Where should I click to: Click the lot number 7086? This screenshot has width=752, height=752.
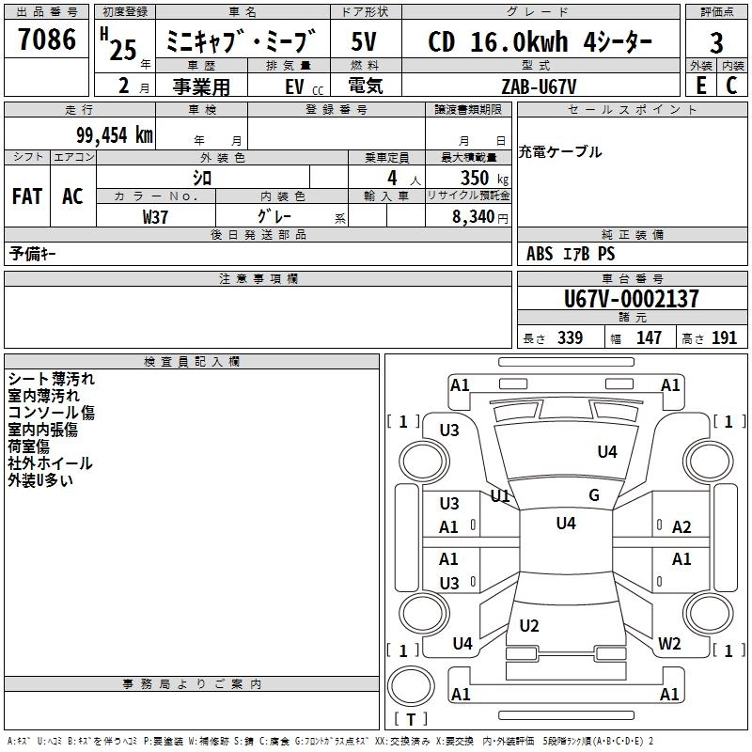click(x=47, y=39)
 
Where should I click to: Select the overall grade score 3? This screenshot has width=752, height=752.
click(x=716, y=42)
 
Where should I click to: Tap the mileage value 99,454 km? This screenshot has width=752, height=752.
click(x=115, y=135)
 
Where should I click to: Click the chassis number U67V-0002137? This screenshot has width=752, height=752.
click(x=631, y=299)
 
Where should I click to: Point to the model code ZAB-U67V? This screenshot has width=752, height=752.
click(x=539, y=86)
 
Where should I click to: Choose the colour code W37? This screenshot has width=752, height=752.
click(x=155, y=217)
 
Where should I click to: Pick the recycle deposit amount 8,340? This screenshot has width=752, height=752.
click(x=474, y=217)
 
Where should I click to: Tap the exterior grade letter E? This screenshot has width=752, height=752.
click(x=700, y=86)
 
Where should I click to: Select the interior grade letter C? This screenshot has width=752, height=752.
click(x=731, y=86)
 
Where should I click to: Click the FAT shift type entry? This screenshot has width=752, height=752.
click(x=27, y=196)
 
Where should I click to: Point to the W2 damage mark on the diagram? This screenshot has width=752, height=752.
click(x=669, y=643)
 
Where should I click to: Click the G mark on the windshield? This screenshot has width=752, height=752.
click(x=594, y=495)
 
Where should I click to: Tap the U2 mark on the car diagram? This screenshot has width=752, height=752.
click(x=529, y=625)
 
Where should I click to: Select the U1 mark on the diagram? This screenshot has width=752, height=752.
click(x=500, y=496)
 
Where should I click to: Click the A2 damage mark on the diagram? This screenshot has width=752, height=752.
click(x=681, y=527)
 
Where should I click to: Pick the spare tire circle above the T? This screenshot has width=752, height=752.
click(x=411, y=686)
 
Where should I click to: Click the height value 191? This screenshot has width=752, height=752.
click(x=724, y=337)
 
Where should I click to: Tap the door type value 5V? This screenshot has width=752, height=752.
click(x=364, y=41)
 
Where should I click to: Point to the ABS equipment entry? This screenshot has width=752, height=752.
click(x=540, y=253)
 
